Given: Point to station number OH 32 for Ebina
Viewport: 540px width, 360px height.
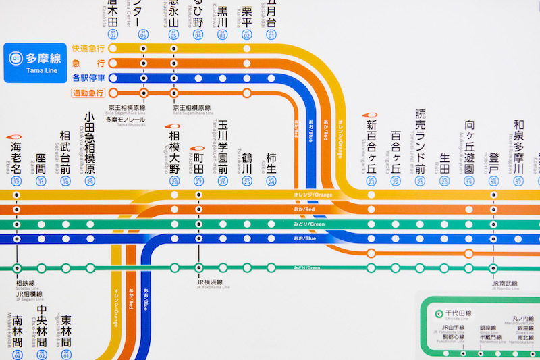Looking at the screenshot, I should (16, 181).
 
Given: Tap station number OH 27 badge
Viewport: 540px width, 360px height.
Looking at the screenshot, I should (198, 181).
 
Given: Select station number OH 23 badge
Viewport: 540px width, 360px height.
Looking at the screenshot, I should (371, 181).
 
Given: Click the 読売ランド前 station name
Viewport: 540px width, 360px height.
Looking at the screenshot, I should (421, 140).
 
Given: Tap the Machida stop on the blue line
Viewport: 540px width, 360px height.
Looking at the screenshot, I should (198, 239).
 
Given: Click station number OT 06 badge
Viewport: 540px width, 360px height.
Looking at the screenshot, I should (143, 34).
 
